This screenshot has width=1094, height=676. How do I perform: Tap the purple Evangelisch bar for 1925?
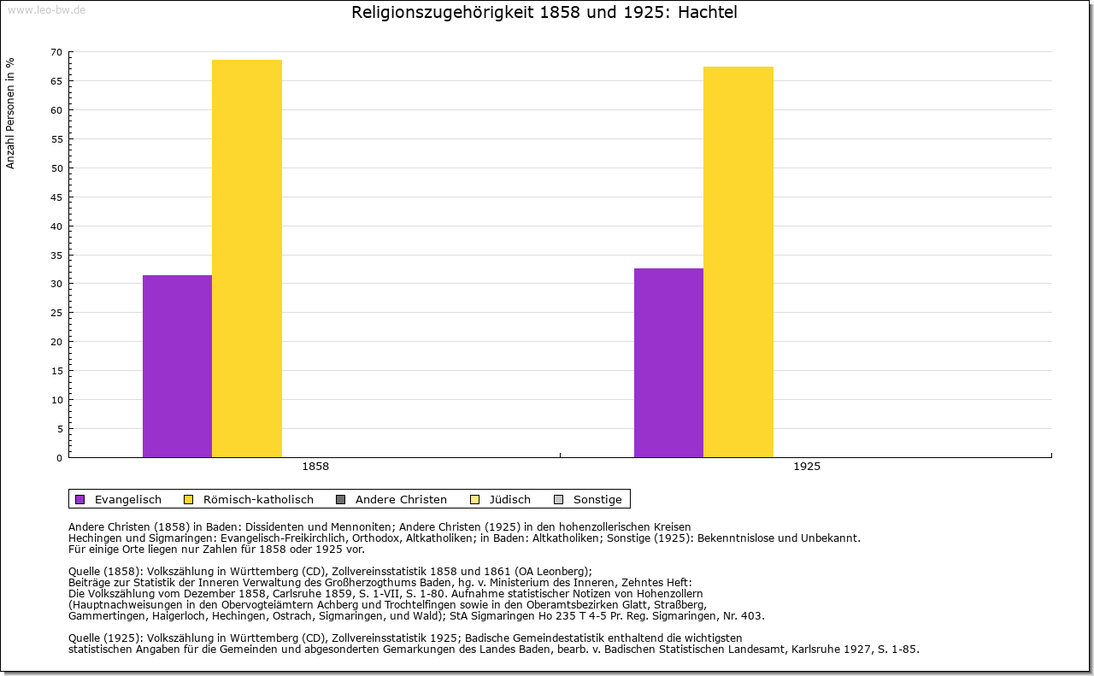[x=668, y=362]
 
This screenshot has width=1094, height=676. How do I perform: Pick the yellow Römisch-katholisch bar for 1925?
[x=738, y=262]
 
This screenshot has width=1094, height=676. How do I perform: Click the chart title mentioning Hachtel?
[x=544, y=13]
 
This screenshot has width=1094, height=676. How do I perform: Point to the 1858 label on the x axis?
[x=315, y=467]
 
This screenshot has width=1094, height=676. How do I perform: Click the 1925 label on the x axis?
[x=807, y=467]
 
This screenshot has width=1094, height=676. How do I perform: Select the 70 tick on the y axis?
[x=56, y=52]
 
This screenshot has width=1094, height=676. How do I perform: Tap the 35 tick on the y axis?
[x=56, y=255]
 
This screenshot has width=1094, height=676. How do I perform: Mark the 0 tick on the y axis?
[x=59, y=457]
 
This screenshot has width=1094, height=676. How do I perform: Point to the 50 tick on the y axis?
[x=56, y=168]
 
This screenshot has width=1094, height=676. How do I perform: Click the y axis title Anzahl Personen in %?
[x=11, y=113]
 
